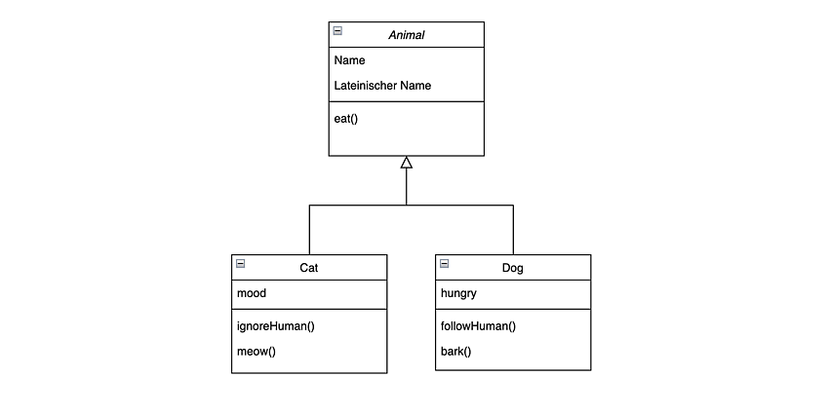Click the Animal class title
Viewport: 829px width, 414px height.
tap(407, 35)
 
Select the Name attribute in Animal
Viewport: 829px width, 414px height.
tap(349, 60)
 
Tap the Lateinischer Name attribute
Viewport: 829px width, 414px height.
tap(382, 86)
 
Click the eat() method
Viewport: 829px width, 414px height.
tap(346, 119)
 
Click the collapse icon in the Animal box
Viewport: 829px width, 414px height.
tap(337, 30)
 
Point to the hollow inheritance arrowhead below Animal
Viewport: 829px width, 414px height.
tap(406, 162)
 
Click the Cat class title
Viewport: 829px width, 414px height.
tap(309, 268)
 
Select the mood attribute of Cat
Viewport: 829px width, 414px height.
tap(252, 293)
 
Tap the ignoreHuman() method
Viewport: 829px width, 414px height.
tap(275, 326)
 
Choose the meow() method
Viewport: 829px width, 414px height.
tap(257, 352)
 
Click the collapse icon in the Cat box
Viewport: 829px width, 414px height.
tap(241, 263)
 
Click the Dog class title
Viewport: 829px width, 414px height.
tap(512, 268)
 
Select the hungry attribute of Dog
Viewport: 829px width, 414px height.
tap(458, 293)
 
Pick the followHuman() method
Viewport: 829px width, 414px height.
tap(479, 326)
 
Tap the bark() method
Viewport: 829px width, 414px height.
tap(455, 352)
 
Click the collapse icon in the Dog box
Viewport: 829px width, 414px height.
tap(444, 263)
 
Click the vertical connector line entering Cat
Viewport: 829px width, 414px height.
tap(309, 230)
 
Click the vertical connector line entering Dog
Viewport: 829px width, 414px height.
tap(513, 230)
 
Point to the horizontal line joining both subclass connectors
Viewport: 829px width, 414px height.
tap(412, 205)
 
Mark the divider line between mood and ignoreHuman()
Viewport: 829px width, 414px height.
tap(309, 309)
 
